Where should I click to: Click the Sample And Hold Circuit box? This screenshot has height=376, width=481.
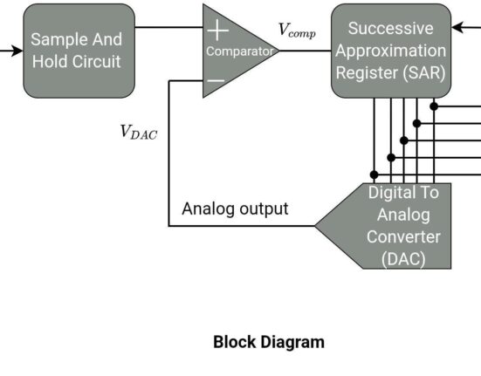pos(79,51)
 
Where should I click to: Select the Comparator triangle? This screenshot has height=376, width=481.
pos(233,51)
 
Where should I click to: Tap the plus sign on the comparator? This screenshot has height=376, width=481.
pos(217,30)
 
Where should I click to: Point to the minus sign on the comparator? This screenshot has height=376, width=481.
pos(216,80)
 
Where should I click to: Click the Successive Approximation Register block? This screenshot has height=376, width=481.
pos(391,51)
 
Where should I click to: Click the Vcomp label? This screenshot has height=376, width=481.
pos(297,31)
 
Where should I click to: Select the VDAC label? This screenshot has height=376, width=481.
pos(139,132)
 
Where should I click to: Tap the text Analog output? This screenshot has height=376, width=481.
pos(235,209)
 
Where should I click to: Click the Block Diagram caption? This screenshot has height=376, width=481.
pos(269,342)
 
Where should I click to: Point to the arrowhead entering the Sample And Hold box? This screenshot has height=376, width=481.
pos(17,51)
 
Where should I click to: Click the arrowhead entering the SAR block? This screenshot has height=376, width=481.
pos(457,27)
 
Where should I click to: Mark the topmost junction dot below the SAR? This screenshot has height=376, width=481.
pos(434,106)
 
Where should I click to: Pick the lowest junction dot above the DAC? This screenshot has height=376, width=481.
pos(374,174)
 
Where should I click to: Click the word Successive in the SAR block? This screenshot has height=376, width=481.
pos(391,29)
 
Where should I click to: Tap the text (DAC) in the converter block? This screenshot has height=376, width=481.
pos(403,259)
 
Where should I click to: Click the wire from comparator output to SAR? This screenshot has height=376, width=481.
pos(306,51)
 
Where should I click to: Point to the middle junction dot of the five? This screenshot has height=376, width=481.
pos(404,140)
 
